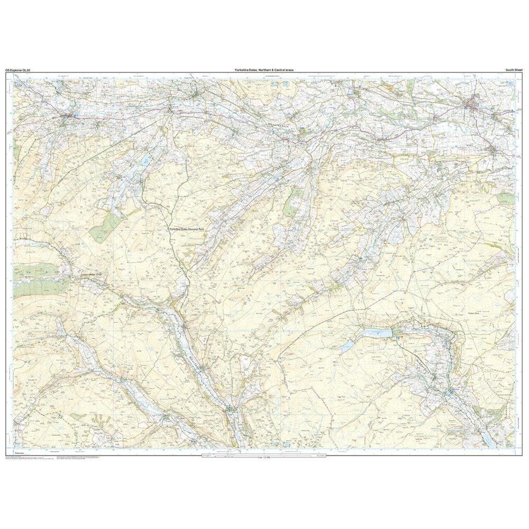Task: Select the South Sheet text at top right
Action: (514, 70)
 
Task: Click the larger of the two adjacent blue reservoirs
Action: (376, 333)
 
